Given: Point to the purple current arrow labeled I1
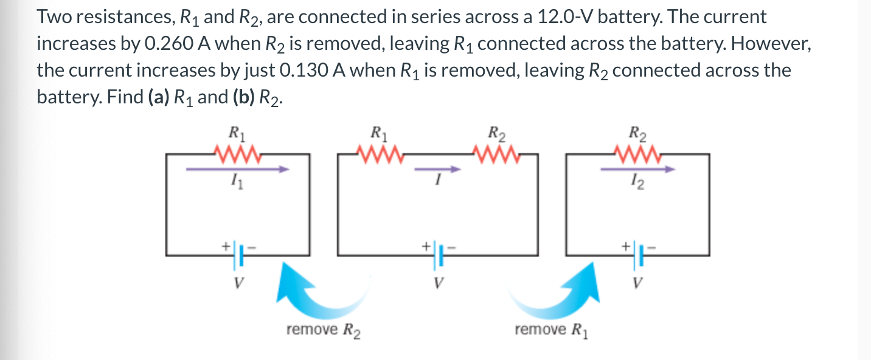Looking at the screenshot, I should coord(237,170).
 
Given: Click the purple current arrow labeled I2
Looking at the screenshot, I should coord(637,170).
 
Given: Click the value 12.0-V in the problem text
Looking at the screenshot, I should coord(566,18).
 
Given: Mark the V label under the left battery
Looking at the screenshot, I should coord(238,283).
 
